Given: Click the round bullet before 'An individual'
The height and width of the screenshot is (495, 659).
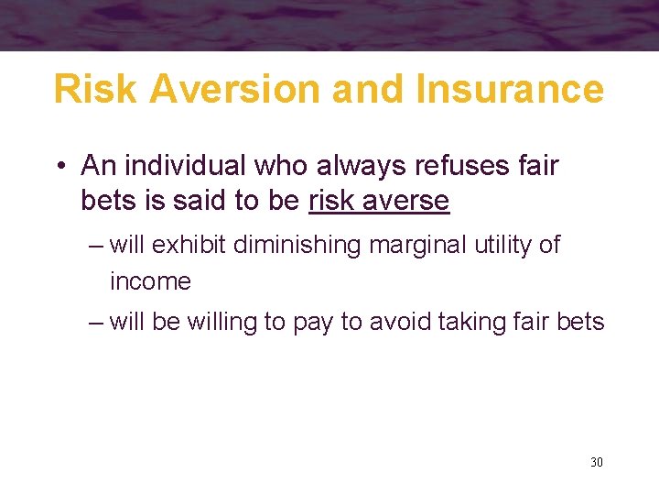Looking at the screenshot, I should point(59,167).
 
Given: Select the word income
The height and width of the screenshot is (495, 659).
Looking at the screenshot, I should point(150,281).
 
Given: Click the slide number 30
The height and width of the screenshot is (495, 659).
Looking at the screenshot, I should point(596,462).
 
